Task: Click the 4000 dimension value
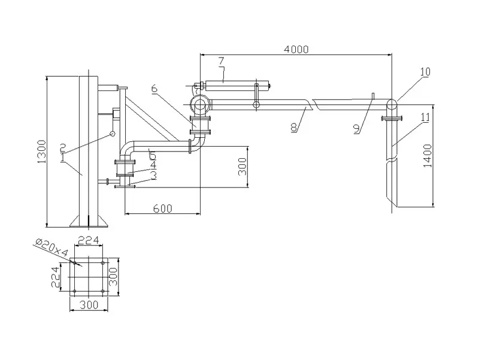[x=296, y=50]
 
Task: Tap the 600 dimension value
[x=162, y=208]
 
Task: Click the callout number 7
[x=221, y=60]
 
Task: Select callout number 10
[x=425, y=72]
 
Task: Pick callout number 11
[x=425, y=118]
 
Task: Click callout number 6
[x=154, y=89]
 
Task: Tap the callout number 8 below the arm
[x=293, y=128]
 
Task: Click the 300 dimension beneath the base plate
[x=88, y=305]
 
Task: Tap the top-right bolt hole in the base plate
[x=104, y=262]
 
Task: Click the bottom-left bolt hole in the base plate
[x=73, y=292]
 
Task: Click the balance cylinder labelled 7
[x=234, y=85]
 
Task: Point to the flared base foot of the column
[x=88, y=221]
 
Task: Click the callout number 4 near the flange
[x=154, y=164]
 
